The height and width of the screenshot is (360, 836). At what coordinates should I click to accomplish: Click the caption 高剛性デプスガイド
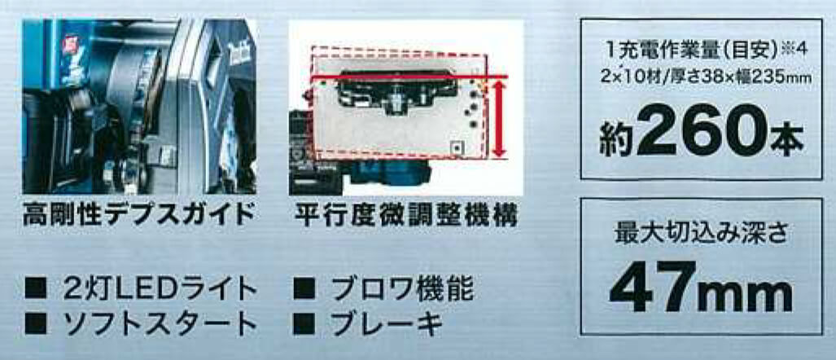[x=138, y=215]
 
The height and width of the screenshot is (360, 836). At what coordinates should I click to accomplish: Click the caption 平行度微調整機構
[x=405, y=215]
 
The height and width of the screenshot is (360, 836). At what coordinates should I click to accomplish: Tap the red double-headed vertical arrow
[x=499, y=117]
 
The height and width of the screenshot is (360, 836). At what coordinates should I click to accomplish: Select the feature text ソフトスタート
[x=159, y=323]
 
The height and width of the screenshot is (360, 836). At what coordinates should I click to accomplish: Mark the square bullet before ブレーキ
[x=304, y=324]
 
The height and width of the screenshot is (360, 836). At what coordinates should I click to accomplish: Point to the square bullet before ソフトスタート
[x=36, y=324]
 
